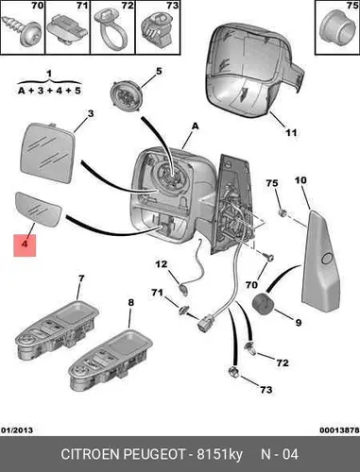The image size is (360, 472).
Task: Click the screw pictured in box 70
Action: click(x=23, y=29)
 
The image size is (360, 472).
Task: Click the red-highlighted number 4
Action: click(x=25, y=244)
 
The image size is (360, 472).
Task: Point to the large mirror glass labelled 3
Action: click(x=47, y=152)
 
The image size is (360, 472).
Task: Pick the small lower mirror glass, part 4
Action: click(x=38, y=210)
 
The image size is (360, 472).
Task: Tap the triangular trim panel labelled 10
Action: click(x=320, y=261)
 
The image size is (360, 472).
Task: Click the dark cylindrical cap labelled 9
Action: click(x=265, y=304)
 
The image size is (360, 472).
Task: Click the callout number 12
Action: click(x=162, y=264)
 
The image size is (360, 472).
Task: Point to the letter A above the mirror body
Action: click(x=196, y=126)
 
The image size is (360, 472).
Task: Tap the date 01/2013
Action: click(x=17, y=430)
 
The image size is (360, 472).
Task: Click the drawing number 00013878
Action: click(x=339, y=430)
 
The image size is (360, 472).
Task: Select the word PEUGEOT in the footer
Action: click(x=154, y=454)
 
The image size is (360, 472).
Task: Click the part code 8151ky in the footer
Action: click(x=219, y=455)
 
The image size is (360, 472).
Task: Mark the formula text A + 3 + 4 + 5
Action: click(x=49, y=91)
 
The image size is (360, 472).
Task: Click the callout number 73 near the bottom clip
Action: click(x=266, y=390)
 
